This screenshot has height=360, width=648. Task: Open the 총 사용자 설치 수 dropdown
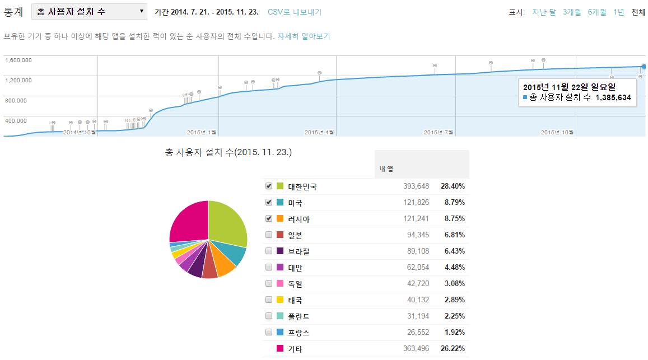click(89, 11)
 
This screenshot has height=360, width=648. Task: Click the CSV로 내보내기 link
click(295, 12)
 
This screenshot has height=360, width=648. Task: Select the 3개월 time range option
click(572, 12)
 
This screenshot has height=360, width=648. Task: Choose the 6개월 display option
click(597, 12)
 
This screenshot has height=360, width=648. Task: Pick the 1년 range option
click(619, 12)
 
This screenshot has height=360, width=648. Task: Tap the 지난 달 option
click(544, 12)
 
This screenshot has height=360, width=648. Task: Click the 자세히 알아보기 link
click(304, 36)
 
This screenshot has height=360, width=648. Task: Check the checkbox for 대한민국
click(269, 186)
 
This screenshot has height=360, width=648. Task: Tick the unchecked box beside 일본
click(269, 235)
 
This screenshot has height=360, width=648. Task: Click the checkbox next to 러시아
click(269, 218)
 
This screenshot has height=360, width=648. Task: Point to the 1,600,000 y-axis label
click(18, 60)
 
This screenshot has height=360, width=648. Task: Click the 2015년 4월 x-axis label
click(319, 132)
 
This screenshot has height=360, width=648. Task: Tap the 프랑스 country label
click(299, 333)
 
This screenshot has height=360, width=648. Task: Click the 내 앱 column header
click(386, 170)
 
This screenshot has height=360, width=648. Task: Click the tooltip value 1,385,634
click(613, 97)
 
